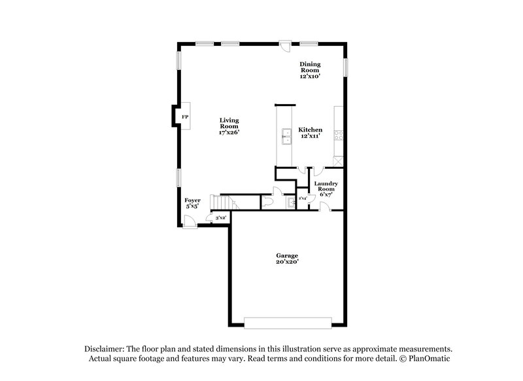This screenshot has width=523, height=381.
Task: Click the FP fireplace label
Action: (x=185, y=117)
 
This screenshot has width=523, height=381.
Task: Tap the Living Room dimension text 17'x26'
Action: (x=229, y=132)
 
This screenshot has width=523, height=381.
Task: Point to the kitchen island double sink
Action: (x=285, y=136)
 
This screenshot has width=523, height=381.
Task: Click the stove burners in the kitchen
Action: (x=339, y=136)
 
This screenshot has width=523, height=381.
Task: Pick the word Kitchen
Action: (x=310, y=130)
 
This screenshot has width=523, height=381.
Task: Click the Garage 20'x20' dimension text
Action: (x=286, y=261)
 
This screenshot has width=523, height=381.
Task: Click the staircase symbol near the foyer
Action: (x=221, y=202)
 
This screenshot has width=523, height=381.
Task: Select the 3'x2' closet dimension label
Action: (x=220, y=217)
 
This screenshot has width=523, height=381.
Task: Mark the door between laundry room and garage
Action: (x=324, y=207)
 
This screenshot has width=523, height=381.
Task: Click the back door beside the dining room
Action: (x=285, y=45)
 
